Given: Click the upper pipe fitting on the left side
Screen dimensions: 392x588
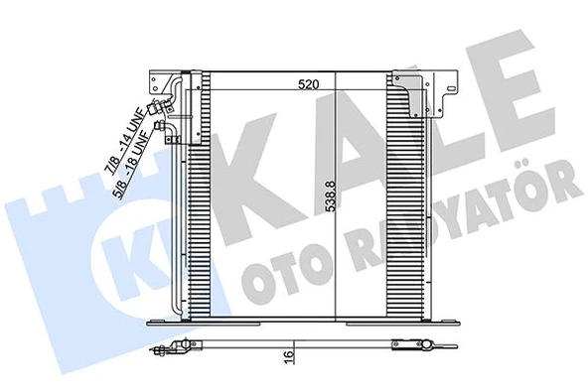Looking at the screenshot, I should pyautogui.click(x=158, y=111).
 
